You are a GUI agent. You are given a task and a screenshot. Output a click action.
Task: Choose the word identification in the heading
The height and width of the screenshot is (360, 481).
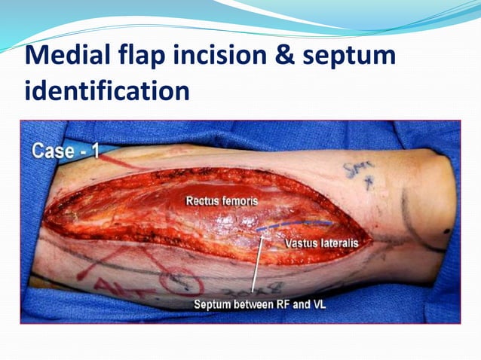pos(106,91)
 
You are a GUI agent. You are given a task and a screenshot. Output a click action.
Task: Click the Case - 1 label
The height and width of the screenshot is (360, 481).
pos(66,151)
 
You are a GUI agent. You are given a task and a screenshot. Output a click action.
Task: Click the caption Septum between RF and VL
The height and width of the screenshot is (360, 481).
pos(259,305)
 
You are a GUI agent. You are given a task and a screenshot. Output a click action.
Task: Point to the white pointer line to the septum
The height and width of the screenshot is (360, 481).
pos(257,264)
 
